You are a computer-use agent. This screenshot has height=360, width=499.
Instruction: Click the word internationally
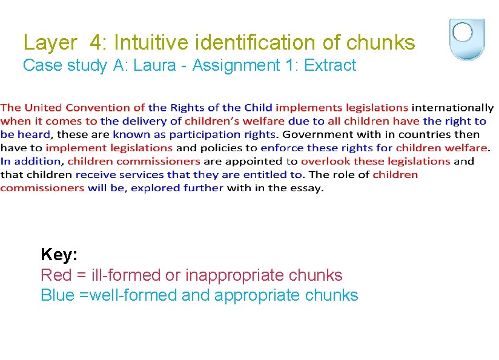[452, 108]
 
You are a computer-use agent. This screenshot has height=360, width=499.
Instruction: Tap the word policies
[219, 148]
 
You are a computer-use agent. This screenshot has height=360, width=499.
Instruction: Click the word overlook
[325, 161]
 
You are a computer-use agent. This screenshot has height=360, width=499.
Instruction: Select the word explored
[154, 188]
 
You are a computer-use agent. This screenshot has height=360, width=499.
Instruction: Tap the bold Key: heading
[59, 254]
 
